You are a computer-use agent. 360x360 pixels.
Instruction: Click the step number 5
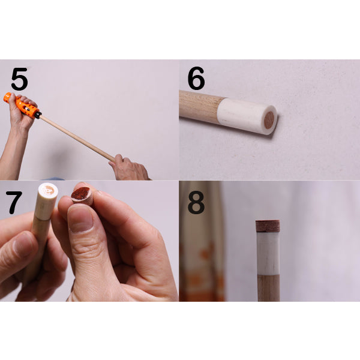pos(20,79)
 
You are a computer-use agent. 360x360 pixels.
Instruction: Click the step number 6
pos(196,78)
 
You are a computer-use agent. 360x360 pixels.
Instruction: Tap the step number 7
pos(14,202)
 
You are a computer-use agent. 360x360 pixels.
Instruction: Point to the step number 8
pos(196,202)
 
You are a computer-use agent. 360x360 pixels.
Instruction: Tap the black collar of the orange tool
pos(38,115)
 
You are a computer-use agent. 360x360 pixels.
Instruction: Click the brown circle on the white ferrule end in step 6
pos(269,120)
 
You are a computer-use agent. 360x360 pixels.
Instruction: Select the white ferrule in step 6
pos(247,116)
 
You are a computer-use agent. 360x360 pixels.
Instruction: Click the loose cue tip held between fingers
pos(82,196)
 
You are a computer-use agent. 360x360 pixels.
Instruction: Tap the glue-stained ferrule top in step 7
pos(48,190)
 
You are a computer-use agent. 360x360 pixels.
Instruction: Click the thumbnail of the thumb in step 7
pos(80,218)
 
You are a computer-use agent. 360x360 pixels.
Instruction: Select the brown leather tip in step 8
pos(268,226)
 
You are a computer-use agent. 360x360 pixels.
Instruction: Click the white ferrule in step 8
pos(268,253)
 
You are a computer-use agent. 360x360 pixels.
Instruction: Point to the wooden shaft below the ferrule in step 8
pos(268,288)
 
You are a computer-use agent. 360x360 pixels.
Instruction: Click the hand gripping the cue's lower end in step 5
pos(130,168)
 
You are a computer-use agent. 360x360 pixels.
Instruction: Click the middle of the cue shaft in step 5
pos(77,138)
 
